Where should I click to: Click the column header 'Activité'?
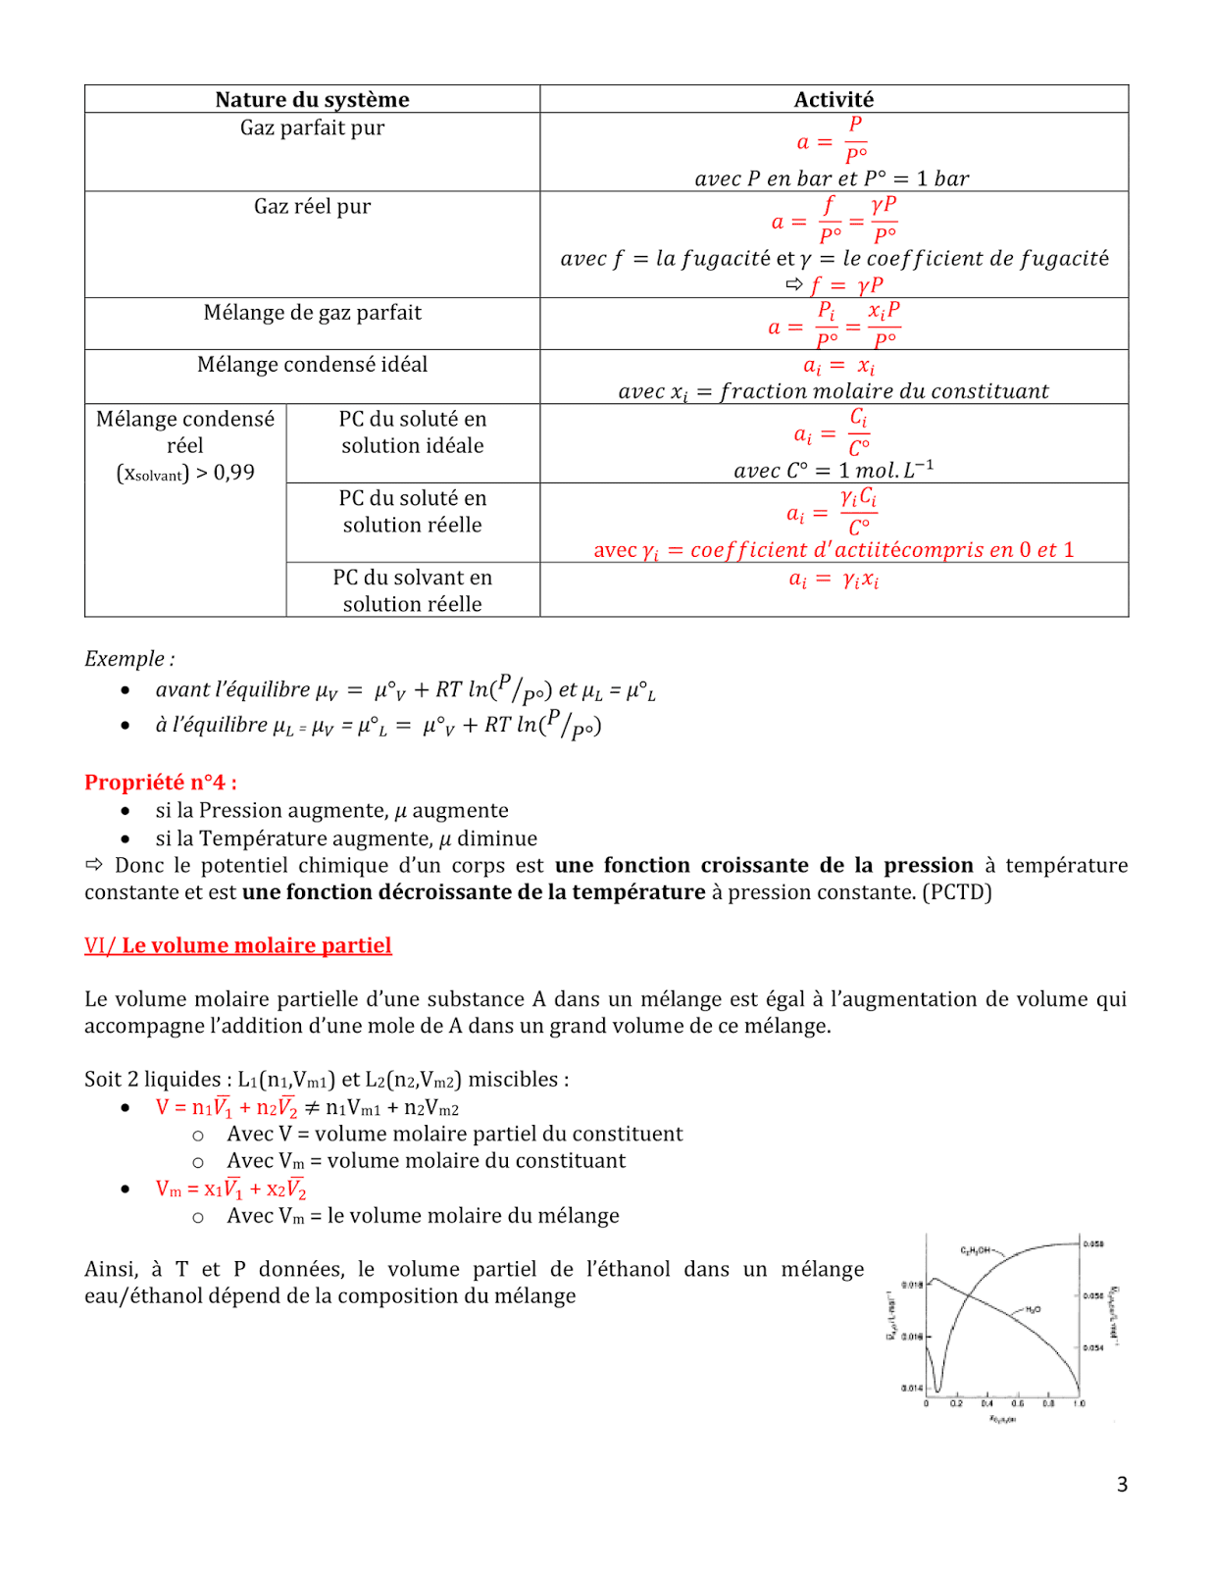(x=834, y=99)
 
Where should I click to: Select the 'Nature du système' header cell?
(x=312, y=99)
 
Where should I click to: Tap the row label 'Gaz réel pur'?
(x=312, y=206)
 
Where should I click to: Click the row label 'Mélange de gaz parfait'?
(x=312, y=312)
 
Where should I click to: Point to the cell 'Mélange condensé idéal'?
(x=312, y=364)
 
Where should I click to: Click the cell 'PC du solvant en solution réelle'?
(x=412, y=590)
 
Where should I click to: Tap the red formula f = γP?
(x=845, y=284)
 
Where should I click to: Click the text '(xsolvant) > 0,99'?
(x=185, y=473)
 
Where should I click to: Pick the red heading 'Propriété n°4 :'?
(x=160, y=782)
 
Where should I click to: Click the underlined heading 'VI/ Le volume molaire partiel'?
(x=237, y=945)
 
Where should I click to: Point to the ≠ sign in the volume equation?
(x=311, y=1107)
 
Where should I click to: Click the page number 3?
(x=1122, y=1485)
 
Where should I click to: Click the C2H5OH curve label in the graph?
(x=976, y=1250)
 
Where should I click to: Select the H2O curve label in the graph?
(x=1033, y=1310)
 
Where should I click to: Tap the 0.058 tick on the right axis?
(x=1093, y=1243)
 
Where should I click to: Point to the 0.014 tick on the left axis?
(x=911, y=1388)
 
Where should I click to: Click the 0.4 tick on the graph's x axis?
(x=986, y=1404)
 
